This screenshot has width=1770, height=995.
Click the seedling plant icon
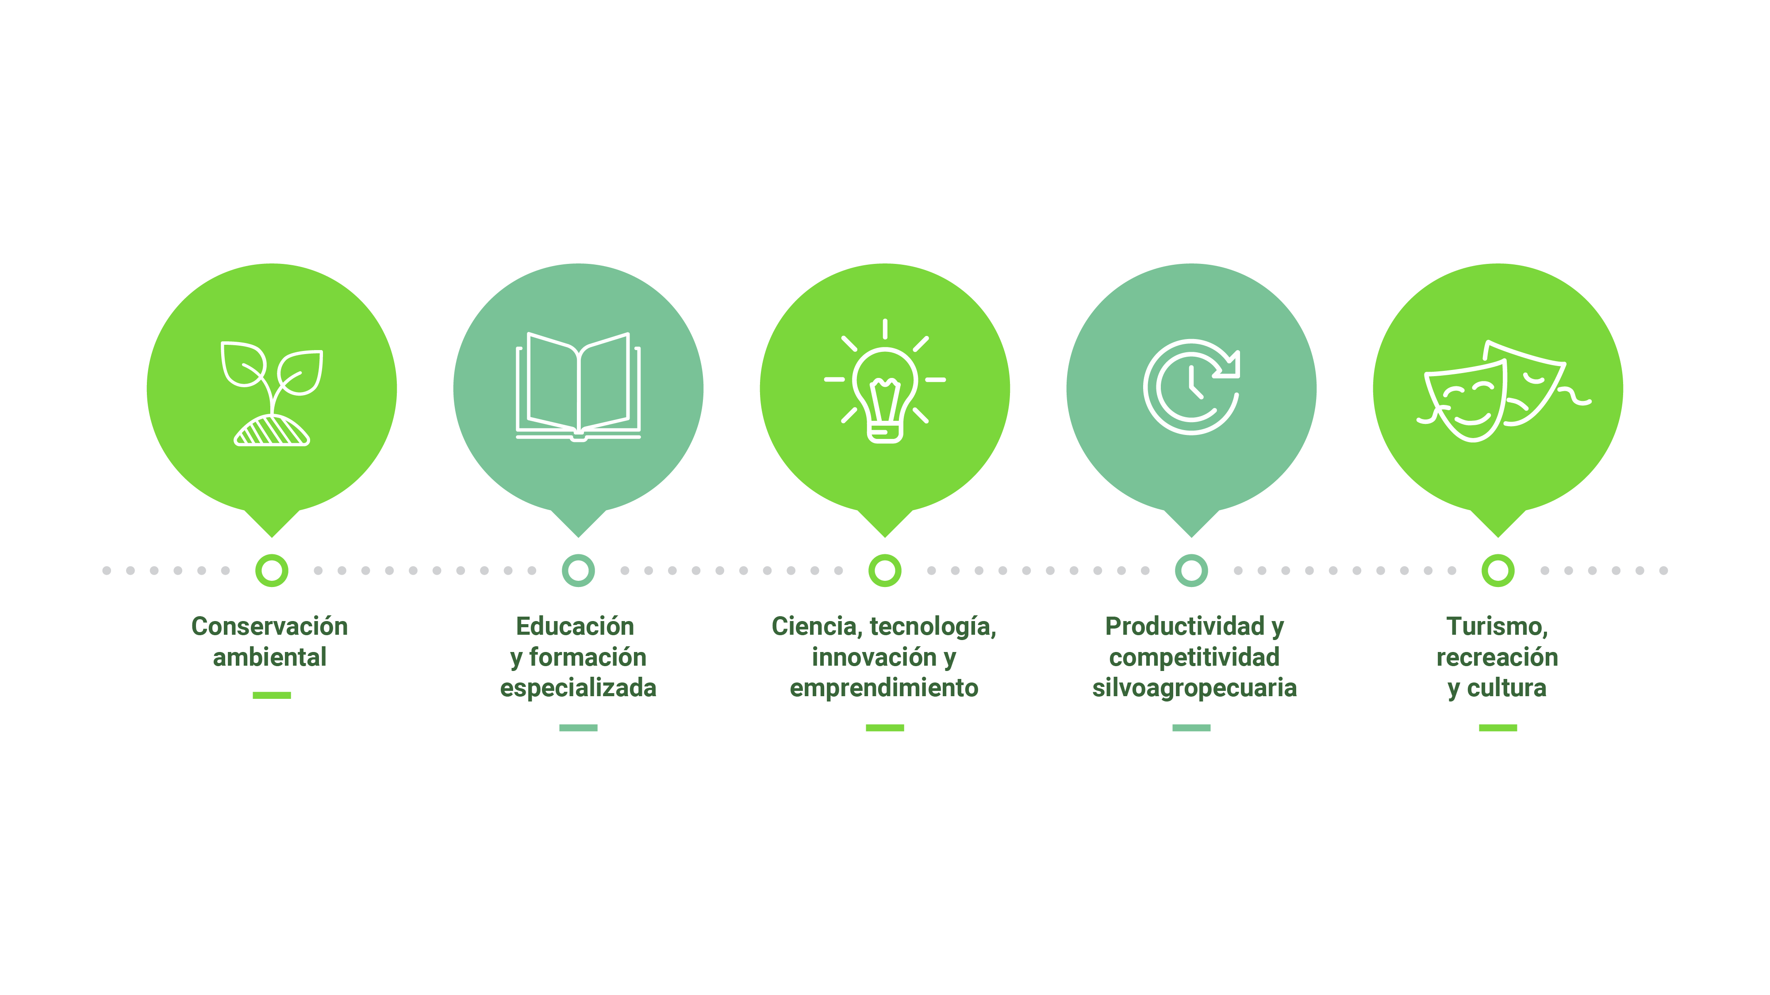click(272, 393)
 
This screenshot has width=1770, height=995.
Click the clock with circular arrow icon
click(1191, 387)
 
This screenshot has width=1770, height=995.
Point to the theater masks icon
click(1498, 391)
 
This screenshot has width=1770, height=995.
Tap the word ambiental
click(269, 657)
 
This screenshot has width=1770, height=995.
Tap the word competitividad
click(1194, 657)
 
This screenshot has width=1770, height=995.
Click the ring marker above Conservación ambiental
click(272, 571)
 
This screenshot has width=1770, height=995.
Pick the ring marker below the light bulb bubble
click(884, 571)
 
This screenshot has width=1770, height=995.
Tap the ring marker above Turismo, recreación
click(1498, 571)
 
